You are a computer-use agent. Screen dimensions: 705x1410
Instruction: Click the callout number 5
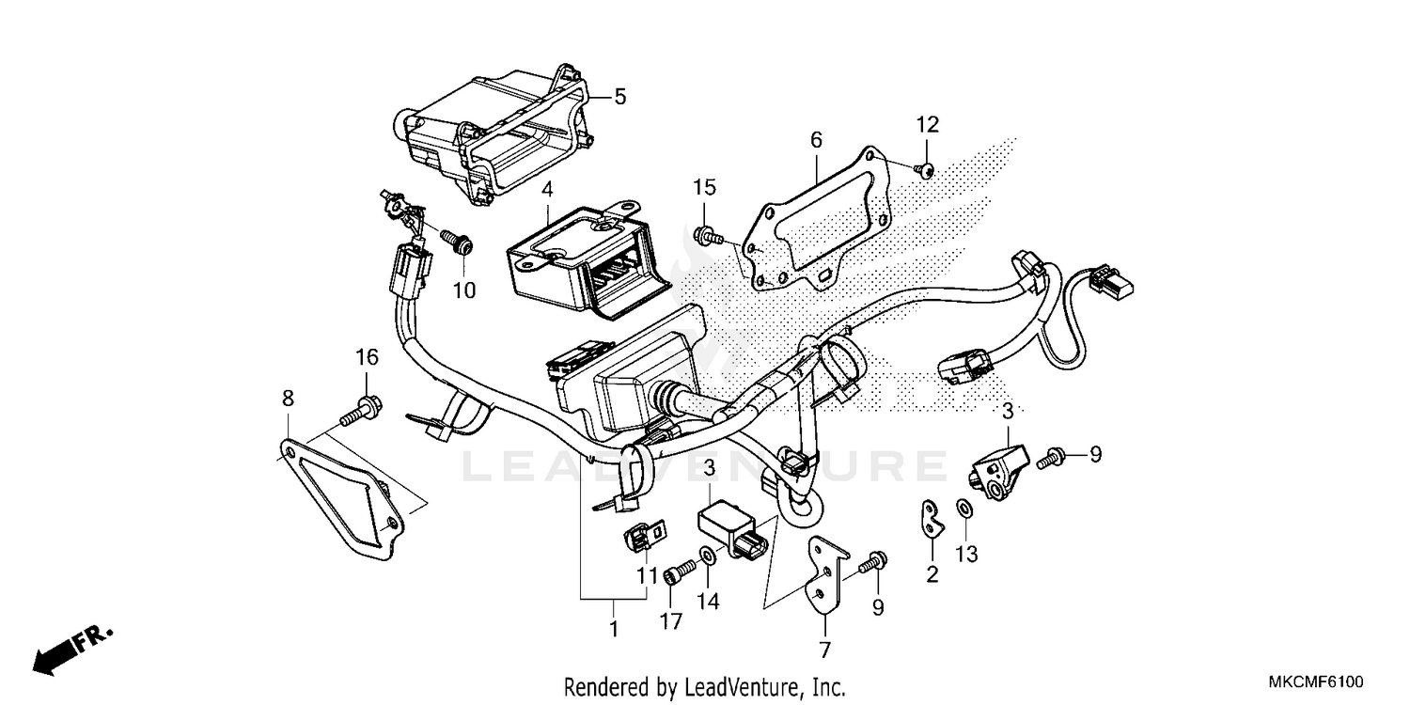619,96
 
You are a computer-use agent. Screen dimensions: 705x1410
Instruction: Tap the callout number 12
928,125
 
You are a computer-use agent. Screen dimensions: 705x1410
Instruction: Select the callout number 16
367,357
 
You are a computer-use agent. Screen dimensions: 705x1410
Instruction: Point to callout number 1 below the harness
614,629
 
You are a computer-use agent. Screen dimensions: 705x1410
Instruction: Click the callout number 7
824,649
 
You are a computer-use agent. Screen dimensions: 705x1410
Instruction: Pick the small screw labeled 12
925,168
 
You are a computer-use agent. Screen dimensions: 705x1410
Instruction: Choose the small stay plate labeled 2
932,519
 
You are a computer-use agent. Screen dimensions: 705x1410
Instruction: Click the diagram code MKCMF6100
1315,681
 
